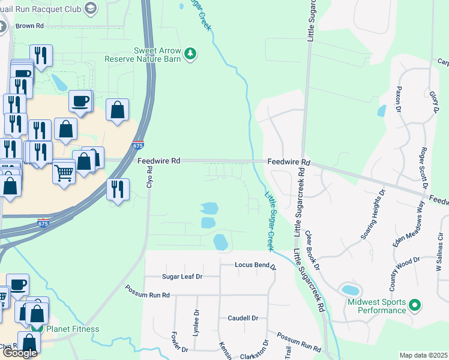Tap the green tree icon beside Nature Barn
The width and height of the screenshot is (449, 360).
click(190, 55)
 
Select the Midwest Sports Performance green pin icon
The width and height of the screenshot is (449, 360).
click(414, 307)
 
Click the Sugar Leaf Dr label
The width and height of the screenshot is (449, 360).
click(182, 277)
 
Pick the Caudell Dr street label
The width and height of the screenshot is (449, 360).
click(243, 318)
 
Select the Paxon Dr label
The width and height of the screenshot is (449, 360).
click(397, 99)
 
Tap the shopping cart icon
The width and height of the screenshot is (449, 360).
click(64, 173)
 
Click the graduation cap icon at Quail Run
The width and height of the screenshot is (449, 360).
click(91, 8)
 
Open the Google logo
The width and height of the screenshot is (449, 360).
click(19, 353)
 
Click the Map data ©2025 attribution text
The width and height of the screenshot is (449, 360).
click(423, 355)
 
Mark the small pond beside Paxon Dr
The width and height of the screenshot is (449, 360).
click(382, 111)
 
